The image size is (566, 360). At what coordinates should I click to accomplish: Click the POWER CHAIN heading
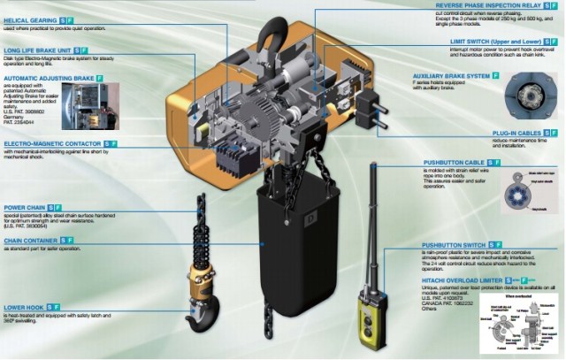(x=25, y=207)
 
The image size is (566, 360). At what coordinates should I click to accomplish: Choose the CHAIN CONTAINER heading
(x=31, y=240)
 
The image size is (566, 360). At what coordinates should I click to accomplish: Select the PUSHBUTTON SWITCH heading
(x=453, y=244)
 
